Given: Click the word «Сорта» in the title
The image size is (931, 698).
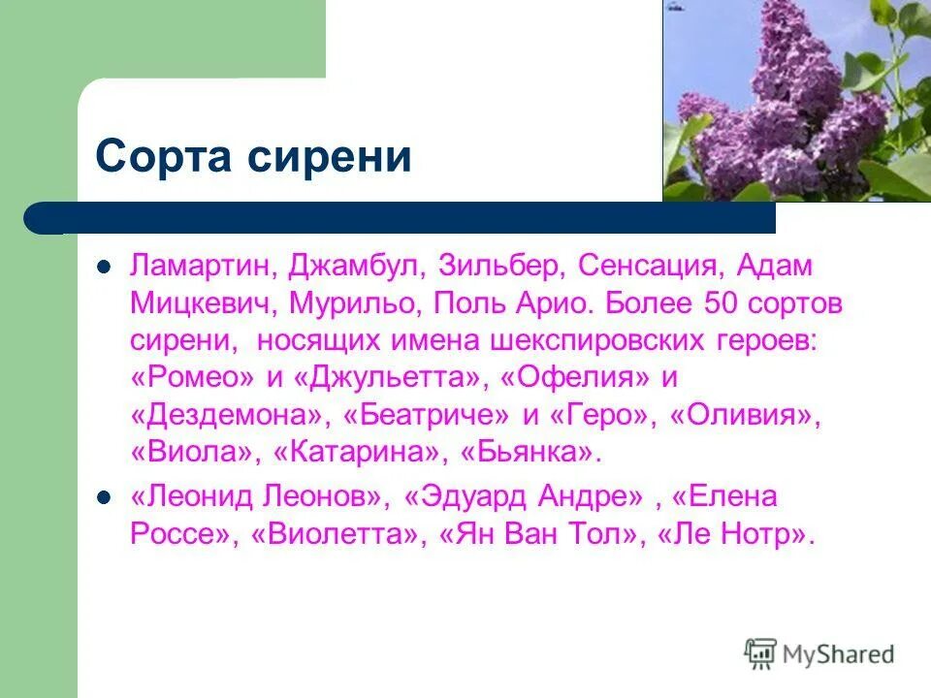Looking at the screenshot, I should [x=159, y=157].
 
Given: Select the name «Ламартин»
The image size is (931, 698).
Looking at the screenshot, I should [x=203, y=267].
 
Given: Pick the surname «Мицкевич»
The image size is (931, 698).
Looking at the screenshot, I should [x=204, y=303].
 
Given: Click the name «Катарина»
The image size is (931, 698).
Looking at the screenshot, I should [x=363, y=453].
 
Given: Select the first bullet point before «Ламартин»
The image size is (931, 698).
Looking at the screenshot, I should [x=105, y=267].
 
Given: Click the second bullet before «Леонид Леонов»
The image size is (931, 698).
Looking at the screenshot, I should [x=105, y=498].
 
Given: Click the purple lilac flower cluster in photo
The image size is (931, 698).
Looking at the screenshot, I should [x=776, y=107].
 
